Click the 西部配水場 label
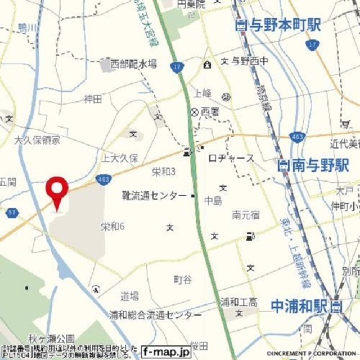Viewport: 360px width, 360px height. tap(133, 63)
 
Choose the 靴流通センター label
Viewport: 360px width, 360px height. tap(154, 196)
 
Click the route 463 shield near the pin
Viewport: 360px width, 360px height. tap(103, 179)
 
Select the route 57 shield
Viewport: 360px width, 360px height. tap(12, 213)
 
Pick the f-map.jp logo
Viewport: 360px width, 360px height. tap(166, 352)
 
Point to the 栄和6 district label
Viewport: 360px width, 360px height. tap(112, 227)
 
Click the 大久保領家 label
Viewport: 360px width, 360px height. tap(37, 139)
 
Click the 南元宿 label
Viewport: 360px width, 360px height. tap(246, 214)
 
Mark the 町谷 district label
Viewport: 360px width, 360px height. tap(183, 279)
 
